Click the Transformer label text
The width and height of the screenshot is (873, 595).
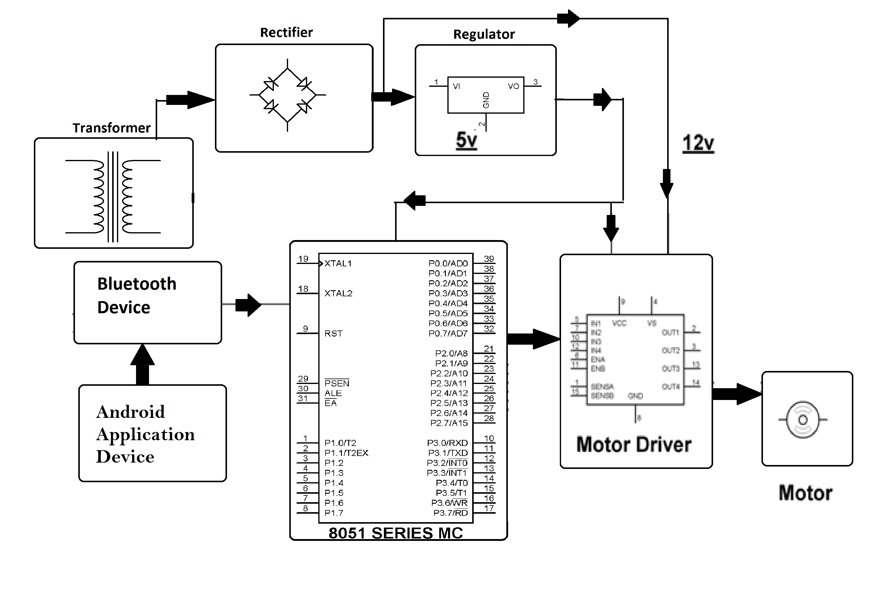(x=111, y=128)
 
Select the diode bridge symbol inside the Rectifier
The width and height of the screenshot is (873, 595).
(x=287, y=95)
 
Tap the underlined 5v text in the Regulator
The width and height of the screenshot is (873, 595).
(x=466, y=140)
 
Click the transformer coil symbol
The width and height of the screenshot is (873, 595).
(x=113, y=197)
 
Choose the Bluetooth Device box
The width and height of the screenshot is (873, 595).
(x=148, y=302)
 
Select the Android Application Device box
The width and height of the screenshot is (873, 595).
(x=153, y=433)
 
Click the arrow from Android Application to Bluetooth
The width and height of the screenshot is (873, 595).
(x=142, y=364)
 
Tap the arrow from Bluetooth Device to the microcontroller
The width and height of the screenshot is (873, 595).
(x=248, y=305)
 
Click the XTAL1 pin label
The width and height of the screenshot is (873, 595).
(x=338, y=264)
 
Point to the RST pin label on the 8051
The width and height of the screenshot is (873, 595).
(x=333, y=333)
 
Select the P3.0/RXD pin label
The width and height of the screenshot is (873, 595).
(x=447, y=443)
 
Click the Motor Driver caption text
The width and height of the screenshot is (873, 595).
(x=634, y=445)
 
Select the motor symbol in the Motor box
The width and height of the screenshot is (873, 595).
(x=803, y=420)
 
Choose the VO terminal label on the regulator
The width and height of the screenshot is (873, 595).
(x=513, y=86)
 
